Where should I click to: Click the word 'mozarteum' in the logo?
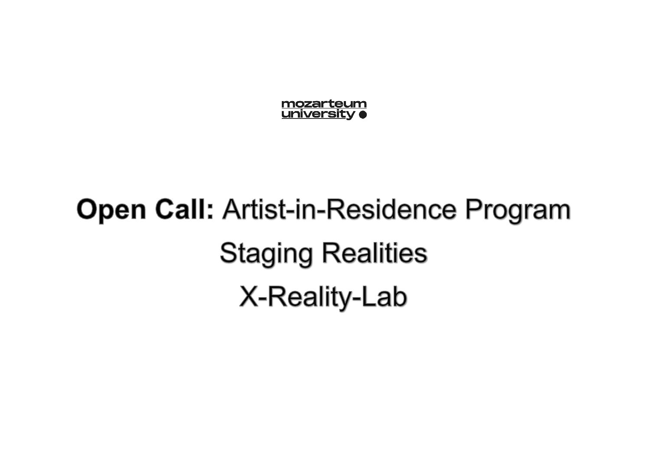[x=324, y=104]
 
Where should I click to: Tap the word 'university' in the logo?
[x=318, y=114]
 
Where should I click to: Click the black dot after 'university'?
[x=363, y=115]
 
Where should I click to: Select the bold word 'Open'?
[x=111, y=210]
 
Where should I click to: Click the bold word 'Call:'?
[x=184, y=209]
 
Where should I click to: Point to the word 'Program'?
[x=518, y=210]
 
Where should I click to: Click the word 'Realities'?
[x=375, y=253]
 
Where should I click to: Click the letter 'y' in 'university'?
[x=351, y=115]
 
